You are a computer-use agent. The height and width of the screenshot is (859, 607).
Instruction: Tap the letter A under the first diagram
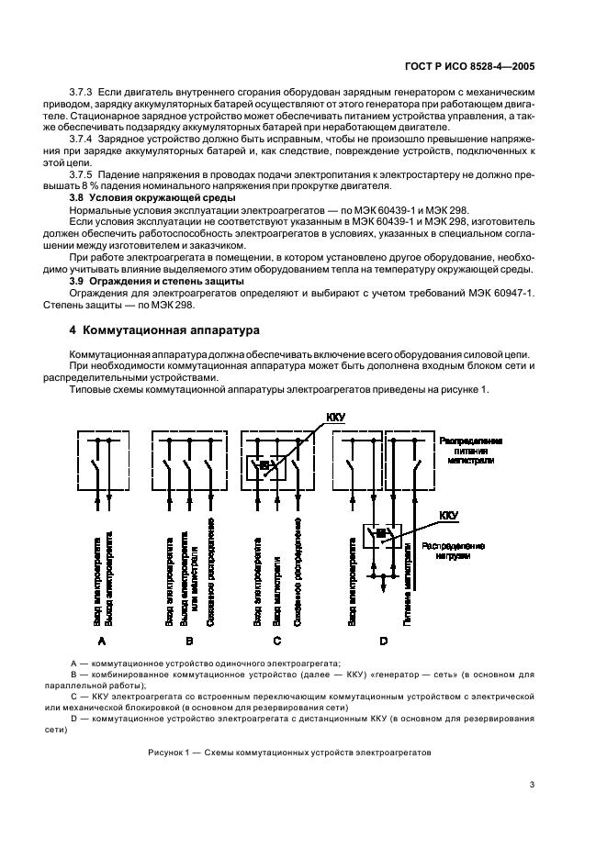click(102, 641)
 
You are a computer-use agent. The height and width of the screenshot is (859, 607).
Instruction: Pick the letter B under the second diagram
click(188, 641)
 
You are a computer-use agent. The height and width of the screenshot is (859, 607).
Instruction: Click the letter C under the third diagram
click(276, 641)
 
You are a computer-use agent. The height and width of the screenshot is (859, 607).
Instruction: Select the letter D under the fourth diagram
click(383, 641)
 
